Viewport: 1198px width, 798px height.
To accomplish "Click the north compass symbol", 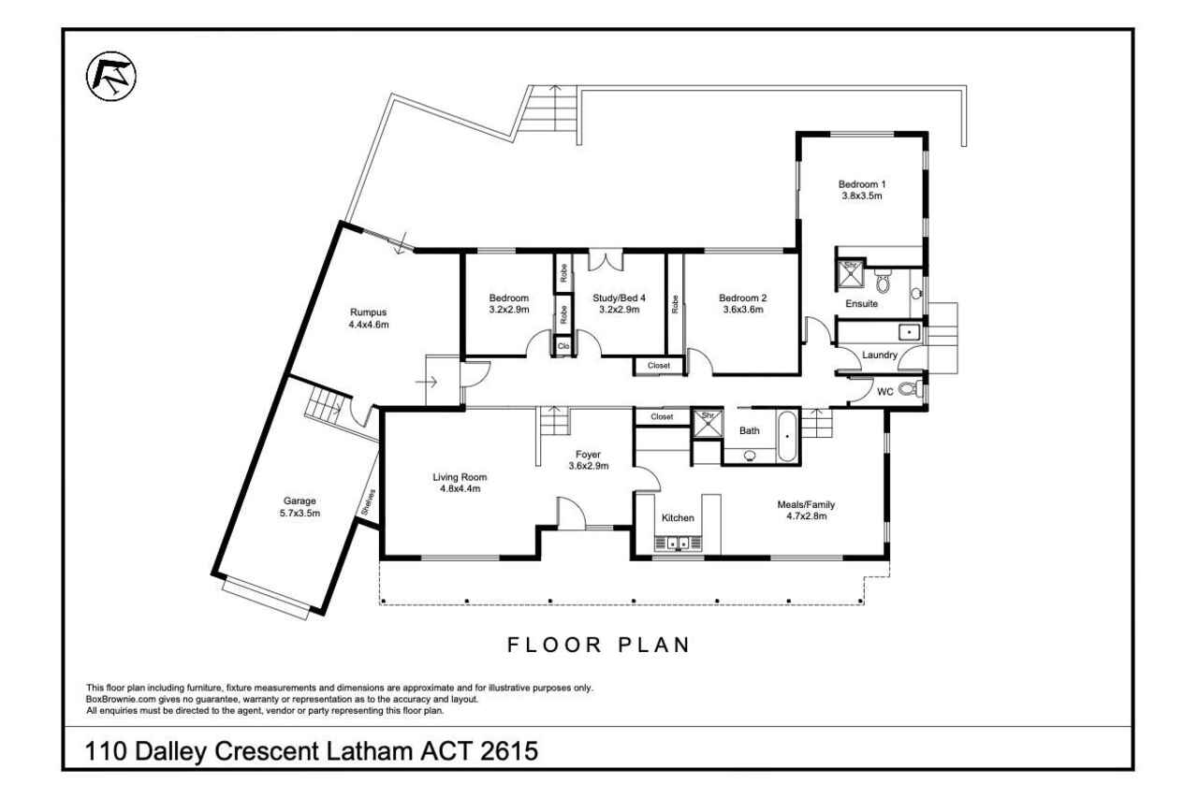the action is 111,77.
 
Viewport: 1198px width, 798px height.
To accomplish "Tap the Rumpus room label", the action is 368,312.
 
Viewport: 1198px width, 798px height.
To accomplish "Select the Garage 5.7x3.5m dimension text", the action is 299,513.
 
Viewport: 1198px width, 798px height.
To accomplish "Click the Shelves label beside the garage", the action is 369,502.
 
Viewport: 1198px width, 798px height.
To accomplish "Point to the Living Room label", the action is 460,477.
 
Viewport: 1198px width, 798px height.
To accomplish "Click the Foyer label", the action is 588,455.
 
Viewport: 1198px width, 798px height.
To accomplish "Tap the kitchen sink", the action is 679,543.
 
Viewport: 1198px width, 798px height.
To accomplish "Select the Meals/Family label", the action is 806,504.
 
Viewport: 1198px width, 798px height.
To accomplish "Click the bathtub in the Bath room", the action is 786,436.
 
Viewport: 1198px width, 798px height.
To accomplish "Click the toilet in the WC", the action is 911,388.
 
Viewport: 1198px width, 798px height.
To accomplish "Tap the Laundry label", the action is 879,355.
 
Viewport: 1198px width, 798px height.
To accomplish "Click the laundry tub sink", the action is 909,332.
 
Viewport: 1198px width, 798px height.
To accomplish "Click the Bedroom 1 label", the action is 862,184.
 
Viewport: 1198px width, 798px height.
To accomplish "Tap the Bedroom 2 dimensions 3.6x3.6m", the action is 743,310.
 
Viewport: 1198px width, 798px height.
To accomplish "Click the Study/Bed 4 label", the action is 620,297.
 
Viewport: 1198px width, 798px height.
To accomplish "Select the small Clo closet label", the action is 563,346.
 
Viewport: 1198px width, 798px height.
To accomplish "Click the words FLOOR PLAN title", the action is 599,645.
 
